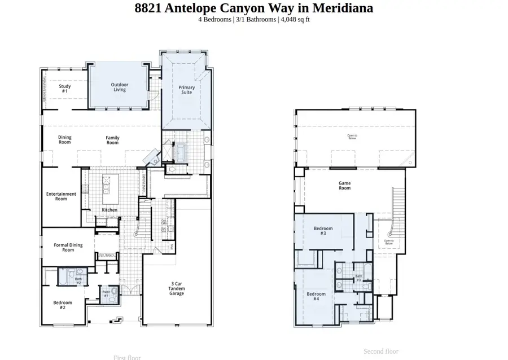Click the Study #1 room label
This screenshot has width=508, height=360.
(64, 89)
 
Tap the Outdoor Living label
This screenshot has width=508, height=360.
(119, 87)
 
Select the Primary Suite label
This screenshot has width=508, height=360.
(187, 90)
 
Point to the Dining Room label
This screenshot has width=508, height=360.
(65, 140)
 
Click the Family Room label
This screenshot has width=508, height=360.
(113, 140)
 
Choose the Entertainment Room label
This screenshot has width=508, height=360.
(61, 196)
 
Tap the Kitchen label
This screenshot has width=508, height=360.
(110, 210)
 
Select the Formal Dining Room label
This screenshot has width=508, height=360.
(68, 247)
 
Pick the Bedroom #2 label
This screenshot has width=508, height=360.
(63, 305)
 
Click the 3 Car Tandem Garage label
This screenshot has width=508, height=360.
(177, 288)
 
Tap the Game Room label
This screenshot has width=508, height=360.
(344, 186)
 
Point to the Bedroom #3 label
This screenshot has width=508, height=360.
(323, 231)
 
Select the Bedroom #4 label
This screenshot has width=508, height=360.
(316, 296)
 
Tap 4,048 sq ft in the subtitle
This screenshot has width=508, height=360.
(294, 19)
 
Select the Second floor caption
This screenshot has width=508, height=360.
(381, 351)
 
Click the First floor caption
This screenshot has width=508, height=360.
(127, 357)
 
